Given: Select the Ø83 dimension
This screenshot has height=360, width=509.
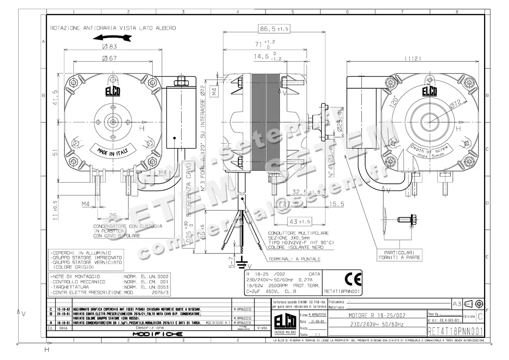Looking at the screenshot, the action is pyautogui.click(x=109, y=46).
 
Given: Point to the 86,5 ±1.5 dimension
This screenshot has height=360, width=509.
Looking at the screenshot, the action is pyautogui.click(x=274, y=28).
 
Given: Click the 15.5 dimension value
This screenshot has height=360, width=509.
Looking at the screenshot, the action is pyautogui.click(x=336, y=204).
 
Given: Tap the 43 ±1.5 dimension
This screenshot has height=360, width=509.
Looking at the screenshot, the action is pyautogui.click(x=299, y=222).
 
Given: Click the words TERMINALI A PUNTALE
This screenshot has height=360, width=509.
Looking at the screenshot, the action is pyautogui.click(x=294, y=259).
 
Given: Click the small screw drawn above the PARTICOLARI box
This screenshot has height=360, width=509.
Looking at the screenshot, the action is pyautogui.click(x=403, y=219).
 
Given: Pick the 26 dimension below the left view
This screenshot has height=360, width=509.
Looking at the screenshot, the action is pyautogui.click(x=112, y=216).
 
